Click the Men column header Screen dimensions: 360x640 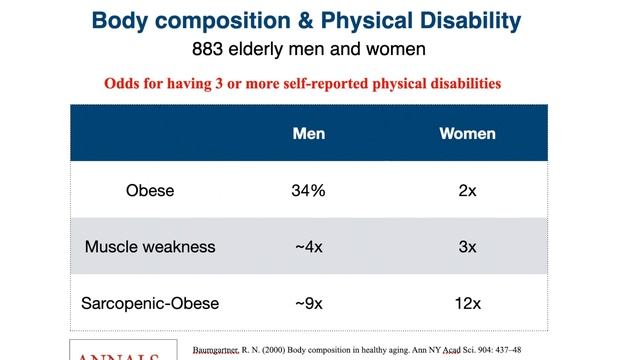click(x=308, y=133)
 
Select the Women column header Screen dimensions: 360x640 click(x=467, y=133)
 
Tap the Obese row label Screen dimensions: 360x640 click(x=150, y=190)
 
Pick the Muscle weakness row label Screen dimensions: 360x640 click(x=150, y=246)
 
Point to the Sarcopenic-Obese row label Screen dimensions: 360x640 click(x=150, y=302)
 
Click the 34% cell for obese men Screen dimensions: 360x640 click(x=308, y=190)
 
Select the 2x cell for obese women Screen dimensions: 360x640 click(x=467, y=190)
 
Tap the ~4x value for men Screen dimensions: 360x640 click(x=308, y=246)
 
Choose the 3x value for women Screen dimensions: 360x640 click(x=467, y=246)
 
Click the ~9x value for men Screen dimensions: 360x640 click(x=308, y=302)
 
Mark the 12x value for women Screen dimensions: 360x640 click(x=467, y=302)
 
